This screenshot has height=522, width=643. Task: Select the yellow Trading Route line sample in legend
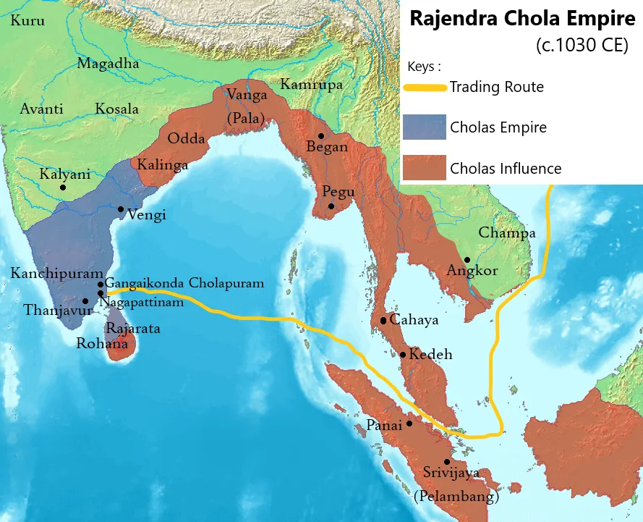[x=425, y=88]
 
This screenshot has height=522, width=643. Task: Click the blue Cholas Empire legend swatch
[x=425, y=127]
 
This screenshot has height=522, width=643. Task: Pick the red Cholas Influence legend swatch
[x=425, y=169]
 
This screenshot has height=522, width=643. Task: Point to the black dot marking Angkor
[x=467, y=260]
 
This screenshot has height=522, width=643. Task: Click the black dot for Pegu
[x=331, y=206]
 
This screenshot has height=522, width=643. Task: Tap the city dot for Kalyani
[x=63, y=188]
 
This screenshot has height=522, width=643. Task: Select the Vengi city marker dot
[x=121, y=209]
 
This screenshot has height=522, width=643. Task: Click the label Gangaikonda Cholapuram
[x=184, y=283]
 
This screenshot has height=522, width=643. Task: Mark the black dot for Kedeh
[x=403, y=355]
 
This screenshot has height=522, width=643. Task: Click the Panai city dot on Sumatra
[x=409, y=424]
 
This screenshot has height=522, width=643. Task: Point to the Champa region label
[x=506, y=233]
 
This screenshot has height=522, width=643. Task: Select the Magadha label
[x=108, y=64]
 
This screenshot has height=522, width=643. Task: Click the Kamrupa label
[x=311, y=84]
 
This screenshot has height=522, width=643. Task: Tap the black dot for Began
[x=320, y=135]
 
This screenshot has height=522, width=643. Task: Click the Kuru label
[x=27, y=21]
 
